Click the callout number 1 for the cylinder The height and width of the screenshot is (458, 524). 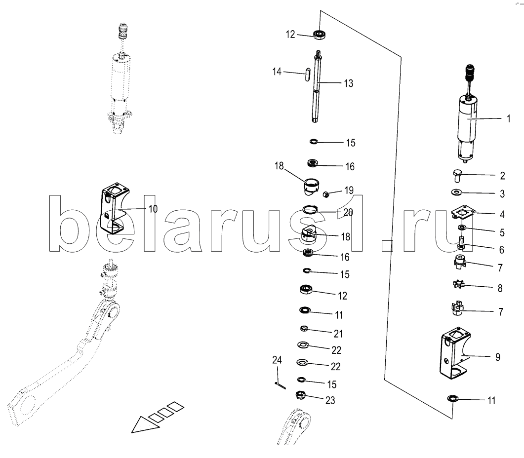[509, 118]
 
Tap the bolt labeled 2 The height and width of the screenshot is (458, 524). [457, 175]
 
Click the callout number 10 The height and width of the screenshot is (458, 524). [153, 209]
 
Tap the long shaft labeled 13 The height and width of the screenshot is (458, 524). [317, 86]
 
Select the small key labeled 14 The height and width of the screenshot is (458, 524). [308, 75]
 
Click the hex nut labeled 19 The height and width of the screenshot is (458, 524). [326, 194]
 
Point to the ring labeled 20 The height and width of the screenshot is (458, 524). [310, 209]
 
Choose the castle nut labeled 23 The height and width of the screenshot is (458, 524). [301, 395]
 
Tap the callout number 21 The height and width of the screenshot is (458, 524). [338, 334]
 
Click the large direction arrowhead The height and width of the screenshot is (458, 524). [144, 424]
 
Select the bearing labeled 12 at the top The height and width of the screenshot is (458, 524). [320, 34]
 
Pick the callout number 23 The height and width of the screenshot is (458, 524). [330, 400]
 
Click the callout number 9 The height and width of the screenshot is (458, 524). [498, 357]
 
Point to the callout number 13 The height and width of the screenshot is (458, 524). [349, 83]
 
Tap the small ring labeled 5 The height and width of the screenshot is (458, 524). [462, 228]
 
